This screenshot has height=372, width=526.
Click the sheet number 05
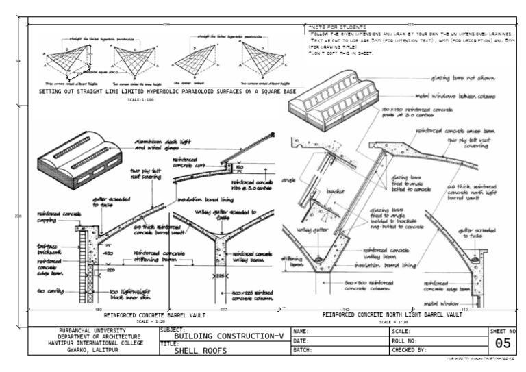(502, 343)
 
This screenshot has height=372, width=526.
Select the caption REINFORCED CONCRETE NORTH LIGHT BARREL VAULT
(392, 315)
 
